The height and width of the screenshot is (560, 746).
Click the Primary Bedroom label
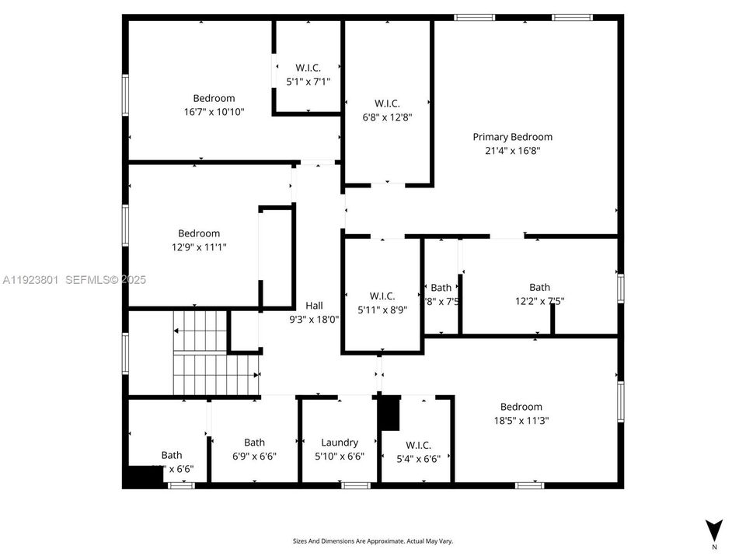coord(512,137)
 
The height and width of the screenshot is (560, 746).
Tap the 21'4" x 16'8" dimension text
coord(512,151)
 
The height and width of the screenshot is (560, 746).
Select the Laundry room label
coord(340,443)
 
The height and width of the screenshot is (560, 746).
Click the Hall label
coord(314,306)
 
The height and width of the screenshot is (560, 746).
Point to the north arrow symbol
coord(713,530)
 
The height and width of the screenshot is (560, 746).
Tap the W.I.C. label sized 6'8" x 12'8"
coord(387,103)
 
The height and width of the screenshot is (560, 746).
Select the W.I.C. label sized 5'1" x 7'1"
coord(308,68)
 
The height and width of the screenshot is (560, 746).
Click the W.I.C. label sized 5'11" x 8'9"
coord(382,296)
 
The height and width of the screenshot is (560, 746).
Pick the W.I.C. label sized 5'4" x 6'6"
coord(418,445)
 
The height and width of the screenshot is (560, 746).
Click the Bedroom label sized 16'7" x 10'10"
coord(214,98)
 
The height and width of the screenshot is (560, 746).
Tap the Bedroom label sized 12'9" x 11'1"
coord(199,233)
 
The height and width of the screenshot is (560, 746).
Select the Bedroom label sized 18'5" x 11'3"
coord(521,407)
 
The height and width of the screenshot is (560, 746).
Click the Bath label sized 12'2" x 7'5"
coord(539,287)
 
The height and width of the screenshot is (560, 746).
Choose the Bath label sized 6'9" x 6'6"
coord(254,443)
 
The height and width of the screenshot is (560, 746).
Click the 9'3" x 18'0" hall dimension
coord(314,319)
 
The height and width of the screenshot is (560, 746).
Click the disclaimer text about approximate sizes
coord(372,541)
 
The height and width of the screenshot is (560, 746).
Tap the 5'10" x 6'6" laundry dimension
coord(340,457)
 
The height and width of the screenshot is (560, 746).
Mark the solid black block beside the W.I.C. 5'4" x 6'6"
coord(389,413)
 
